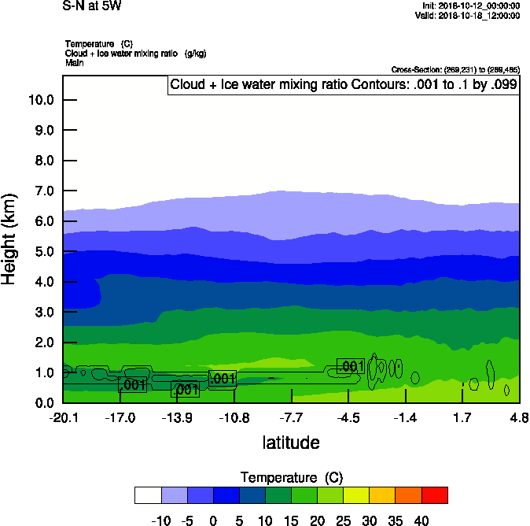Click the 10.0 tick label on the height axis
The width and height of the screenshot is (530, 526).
pyautogui.click(x=40, y=100)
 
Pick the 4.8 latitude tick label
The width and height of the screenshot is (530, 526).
pyautogui.click(x=519, y=417)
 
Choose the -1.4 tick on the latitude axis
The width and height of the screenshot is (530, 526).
pyautogui.click(x=406, y=417)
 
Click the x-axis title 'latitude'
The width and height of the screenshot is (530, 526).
pyautogui.click(x=291, y=443)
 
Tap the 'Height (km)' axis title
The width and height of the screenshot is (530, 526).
pyautogui.click(x=10, y=239)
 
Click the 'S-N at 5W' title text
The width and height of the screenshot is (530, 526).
pyautogui.click(x=91, y=6)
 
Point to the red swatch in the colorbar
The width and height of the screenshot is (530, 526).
pyautogui.click(x=435, y=495)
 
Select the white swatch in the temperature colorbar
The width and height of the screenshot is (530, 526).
pyautogui.click(x=148, y=495)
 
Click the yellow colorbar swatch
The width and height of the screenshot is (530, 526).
pyautogui.click(x=357, y=495)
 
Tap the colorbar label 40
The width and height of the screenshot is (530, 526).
pyautogui.click(x=421, y=520)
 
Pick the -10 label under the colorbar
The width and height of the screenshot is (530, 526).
pyautogui.click(x=160, y=520)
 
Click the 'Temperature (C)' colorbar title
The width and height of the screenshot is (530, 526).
pyautogui.click(x=291, y=478)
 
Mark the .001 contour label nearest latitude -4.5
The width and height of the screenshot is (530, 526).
pyautogui.click(x=350, y=366)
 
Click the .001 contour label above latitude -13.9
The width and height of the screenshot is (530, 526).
pyautogui.click(x=185, y=390)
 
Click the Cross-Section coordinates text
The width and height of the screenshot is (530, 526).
pyautogui.click(x=455, y=70)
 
